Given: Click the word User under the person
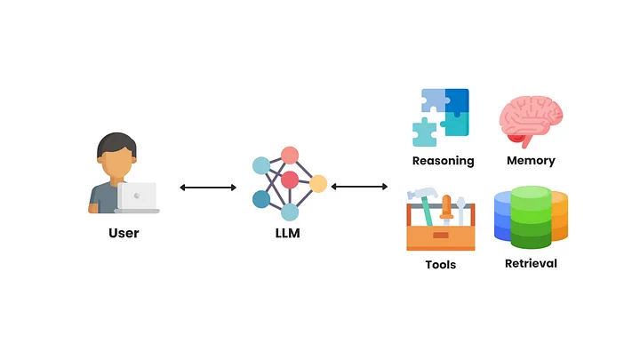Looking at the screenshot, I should pyautogui.click(x=124, y=234).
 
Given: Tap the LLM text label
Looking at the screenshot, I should pyautogui.click(x=290, y=234).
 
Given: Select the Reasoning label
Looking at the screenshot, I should pyautogui.click(x=443, y=161).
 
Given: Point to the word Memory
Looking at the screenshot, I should pyautogui.click(x=531, y=161).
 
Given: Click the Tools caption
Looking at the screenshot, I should pyautogui.click(x=441, y=264).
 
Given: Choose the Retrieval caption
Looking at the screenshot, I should pyautogui.click(x=531, y=263).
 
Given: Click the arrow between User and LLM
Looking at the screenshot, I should pyautogui.click(x=208, y=188).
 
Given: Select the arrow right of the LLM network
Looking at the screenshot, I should pyautogui.click(x=359, y=187).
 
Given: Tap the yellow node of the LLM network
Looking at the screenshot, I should pyautogui.click(x=318, y=184).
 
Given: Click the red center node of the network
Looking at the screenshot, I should pyautogui.click(x=290, y=180).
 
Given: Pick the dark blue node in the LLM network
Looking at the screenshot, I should pyautogui.click(x=261, y=199).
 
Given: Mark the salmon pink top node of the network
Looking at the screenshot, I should pyautogui.click(x=290, y=155).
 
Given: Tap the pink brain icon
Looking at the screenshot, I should pyautogui.click(x=530, y=119).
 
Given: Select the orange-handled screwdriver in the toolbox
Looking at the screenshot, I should pyautogui.click(x=446, y=208).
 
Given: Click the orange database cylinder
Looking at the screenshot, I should pyautogui.click(x=560, y=218).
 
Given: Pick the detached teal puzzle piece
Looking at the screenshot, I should pyautogui.click(x=424, y=132).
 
